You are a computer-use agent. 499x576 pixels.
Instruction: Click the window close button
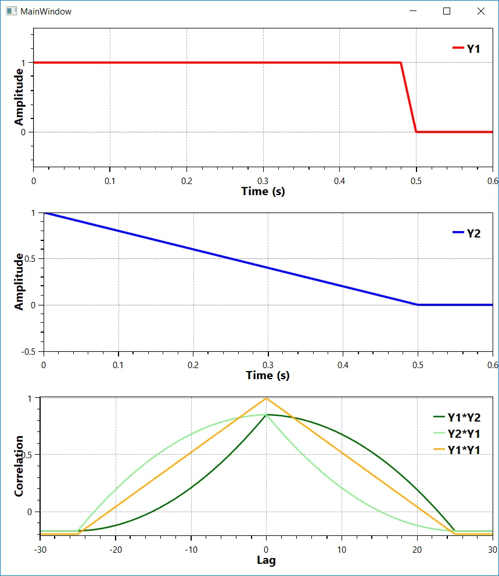[x=480, y=11]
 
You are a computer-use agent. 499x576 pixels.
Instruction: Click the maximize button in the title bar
[x=447, y=11]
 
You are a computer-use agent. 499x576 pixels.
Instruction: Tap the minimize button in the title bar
[x=413, y=11]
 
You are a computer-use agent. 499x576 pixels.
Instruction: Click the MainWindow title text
[x=46, y=11]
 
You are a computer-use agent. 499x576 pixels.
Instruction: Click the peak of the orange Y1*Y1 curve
[x=266, y=398]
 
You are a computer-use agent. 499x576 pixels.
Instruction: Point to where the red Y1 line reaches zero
[x=416, y=132]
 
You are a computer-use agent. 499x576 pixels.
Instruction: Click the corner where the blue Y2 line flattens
[x=418, y=305]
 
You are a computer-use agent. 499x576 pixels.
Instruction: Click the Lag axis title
[x=266, y=560]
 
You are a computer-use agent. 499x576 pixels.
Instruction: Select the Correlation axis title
[x=19, y=466]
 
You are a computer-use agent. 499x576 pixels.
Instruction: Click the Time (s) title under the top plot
[x=263, y=191]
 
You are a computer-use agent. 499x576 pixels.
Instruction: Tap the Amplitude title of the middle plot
[x=19, y=282]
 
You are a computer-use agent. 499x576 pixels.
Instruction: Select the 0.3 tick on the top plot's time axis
[x=263, y=181]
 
